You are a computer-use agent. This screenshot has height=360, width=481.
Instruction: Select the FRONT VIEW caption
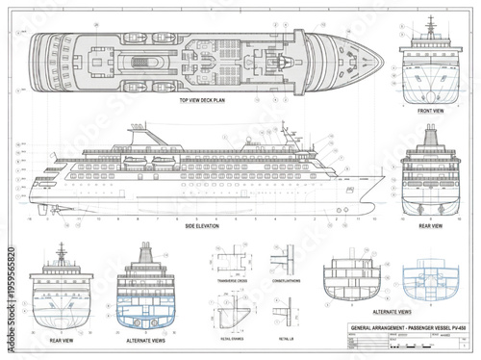(x=431, y=111)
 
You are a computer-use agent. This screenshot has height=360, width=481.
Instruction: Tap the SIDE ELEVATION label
(x=202, y=225)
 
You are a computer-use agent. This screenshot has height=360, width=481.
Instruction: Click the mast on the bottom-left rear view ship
(x=62, y=252)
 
